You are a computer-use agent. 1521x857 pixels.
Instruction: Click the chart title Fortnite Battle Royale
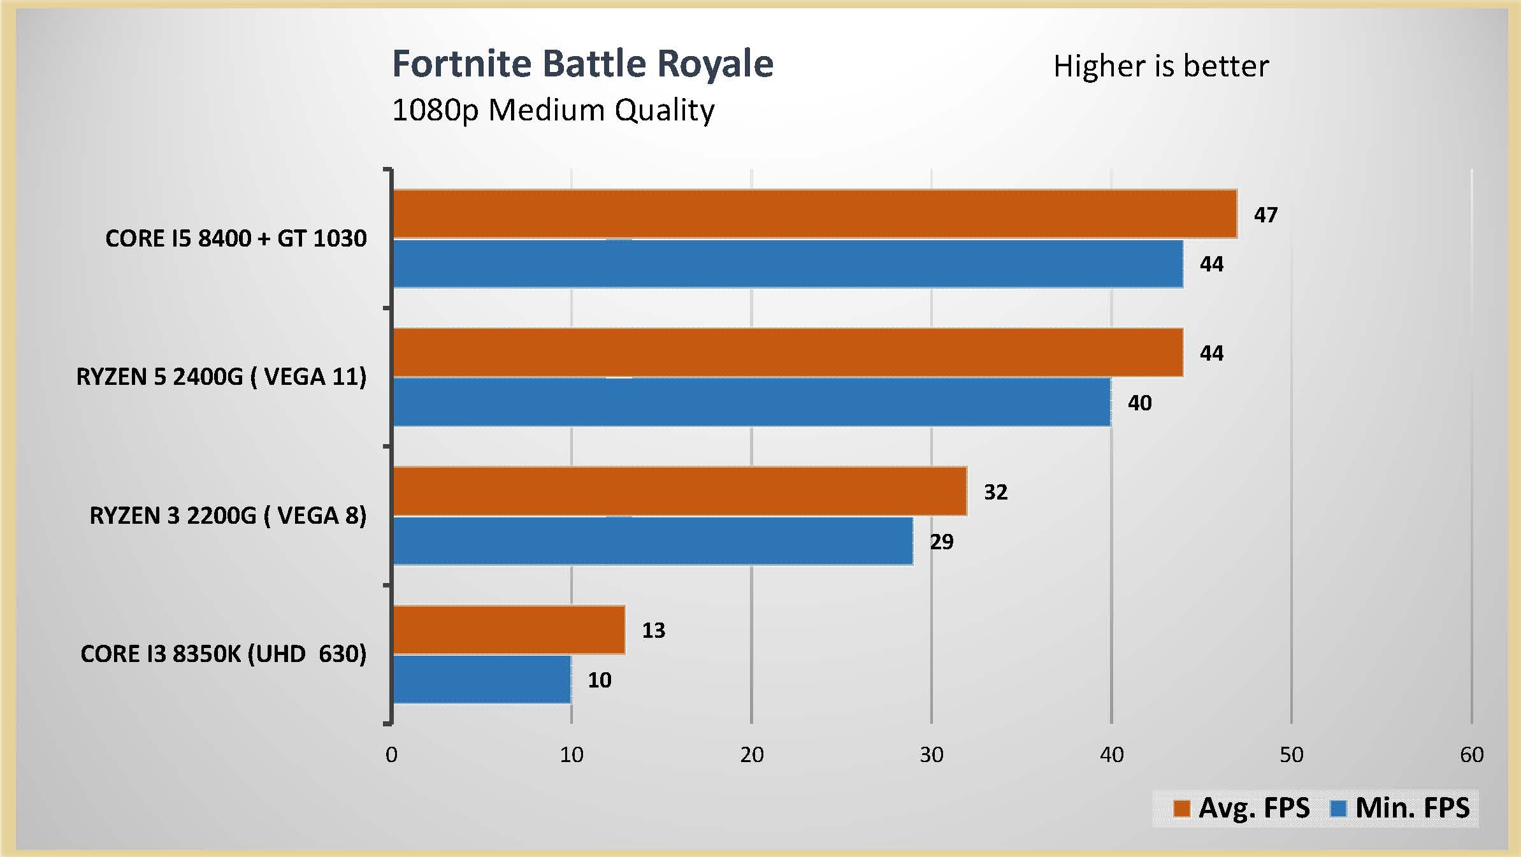click(x=582, y=64)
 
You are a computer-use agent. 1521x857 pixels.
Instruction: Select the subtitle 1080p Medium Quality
click(x=553, y=110)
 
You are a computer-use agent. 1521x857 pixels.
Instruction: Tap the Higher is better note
click(x=1161, y=66)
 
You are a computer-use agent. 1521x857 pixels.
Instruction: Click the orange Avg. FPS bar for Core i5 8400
click(x=814, y=214)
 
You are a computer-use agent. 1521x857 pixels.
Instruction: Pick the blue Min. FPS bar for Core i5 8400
click(x=788, y=264)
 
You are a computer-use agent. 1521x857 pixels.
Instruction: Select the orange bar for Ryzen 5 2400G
click(x=788, y=352)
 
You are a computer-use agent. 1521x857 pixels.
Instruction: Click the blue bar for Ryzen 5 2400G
click(x=752, y=402)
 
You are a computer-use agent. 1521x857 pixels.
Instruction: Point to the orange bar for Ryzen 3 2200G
click(x=679, y=491)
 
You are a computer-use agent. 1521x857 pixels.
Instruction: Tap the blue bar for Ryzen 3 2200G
click(x=652, y=541)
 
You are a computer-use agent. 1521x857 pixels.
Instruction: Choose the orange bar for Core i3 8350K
click(x=508, y=630)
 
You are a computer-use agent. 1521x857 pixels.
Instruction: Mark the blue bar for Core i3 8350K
click(x=482, y=679)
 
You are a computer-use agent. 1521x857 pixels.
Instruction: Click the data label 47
click(x=1265, y=215)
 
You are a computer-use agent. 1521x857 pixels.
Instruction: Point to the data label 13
click(x=653, y=630)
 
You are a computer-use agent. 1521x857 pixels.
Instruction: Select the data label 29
click(x=941, y=542)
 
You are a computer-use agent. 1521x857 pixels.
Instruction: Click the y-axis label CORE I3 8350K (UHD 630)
click(x=223, y=654)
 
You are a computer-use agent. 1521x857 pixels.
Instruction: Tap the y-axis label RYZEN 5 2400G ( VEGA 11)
click(x=221, y=377)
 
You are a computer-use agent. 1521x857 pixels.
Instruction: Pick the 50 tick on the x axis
click(x=1292, y=755)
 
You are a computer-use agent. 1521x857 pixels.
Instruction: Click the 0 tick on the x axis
click(x=391, y=755)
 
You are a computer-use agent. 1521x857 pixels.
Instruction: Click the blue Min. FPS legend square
click(x=1339, y=809)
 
